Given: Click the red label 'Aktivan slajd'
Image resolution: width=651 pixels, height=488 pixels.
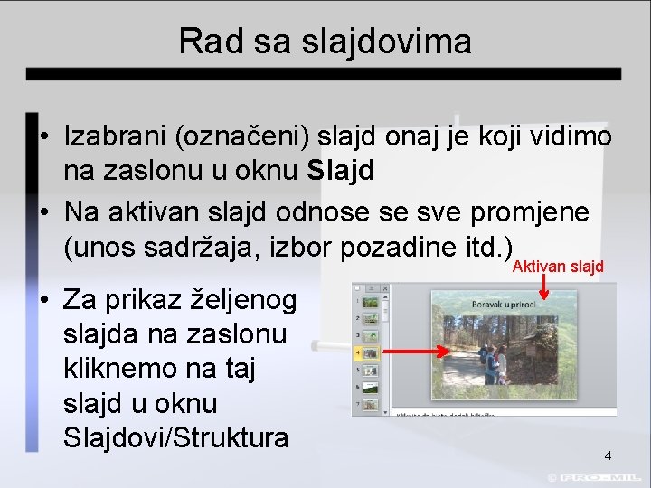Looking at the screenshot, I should (558, 267).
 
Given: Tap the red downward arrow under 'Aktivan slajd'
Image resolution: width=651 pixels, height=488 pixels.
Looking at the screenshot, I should (543, 287).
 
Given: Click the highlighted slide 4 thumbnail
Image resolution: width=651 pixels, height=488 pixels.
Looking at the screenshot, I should (369, 353).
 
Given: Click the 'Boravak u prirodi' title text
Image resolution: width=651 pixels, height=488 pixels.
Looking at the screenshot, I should (504, 305).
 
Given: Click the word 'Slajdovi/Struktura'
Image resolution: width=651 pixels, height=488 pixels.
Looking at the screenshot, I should (176, 438).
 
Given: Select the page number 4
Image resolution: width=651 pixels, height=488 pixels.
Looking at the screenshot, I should (608, 455).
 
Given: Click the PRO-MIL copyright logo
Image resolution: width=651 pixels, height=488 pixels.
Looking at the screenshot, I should (597, 476).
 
